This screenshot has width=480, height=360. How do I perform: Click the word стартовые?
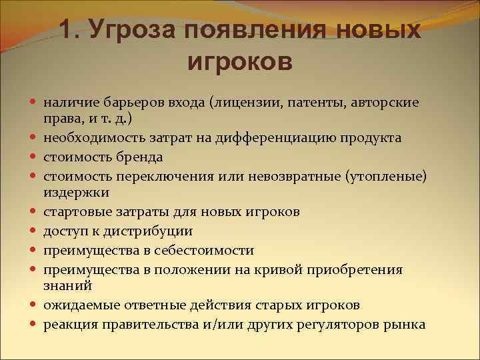(x=74, y=212)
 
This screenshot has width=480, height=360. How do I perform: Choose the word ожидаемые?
(x=77, y=305)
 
